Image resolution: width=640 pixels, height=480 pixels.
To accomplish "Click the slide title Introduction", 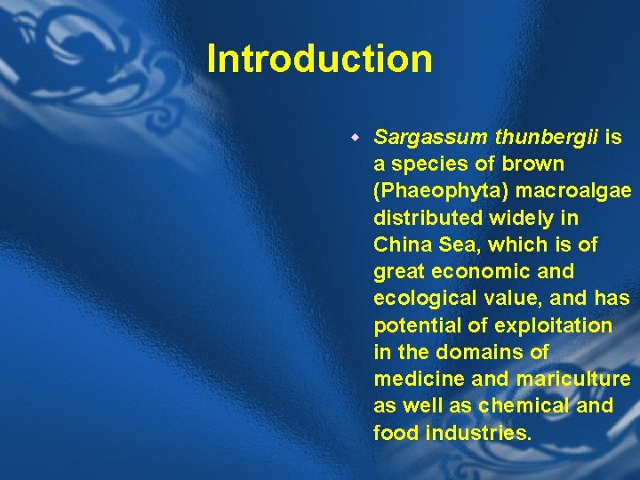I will [319, 60].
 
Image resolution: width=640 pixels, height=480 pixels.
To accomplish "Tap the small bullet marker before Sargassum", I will [353, 139].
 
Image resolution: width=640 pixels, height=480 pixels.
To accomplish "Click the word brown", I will [533, 164].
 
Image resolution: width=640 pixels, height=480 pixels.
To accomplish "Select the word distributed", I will [425, 218].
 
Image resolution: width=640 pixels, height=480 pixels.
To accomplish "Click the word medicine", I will [419, 379].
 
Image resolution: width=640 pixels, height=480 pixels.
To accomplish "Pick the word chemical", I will [520, 405].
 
